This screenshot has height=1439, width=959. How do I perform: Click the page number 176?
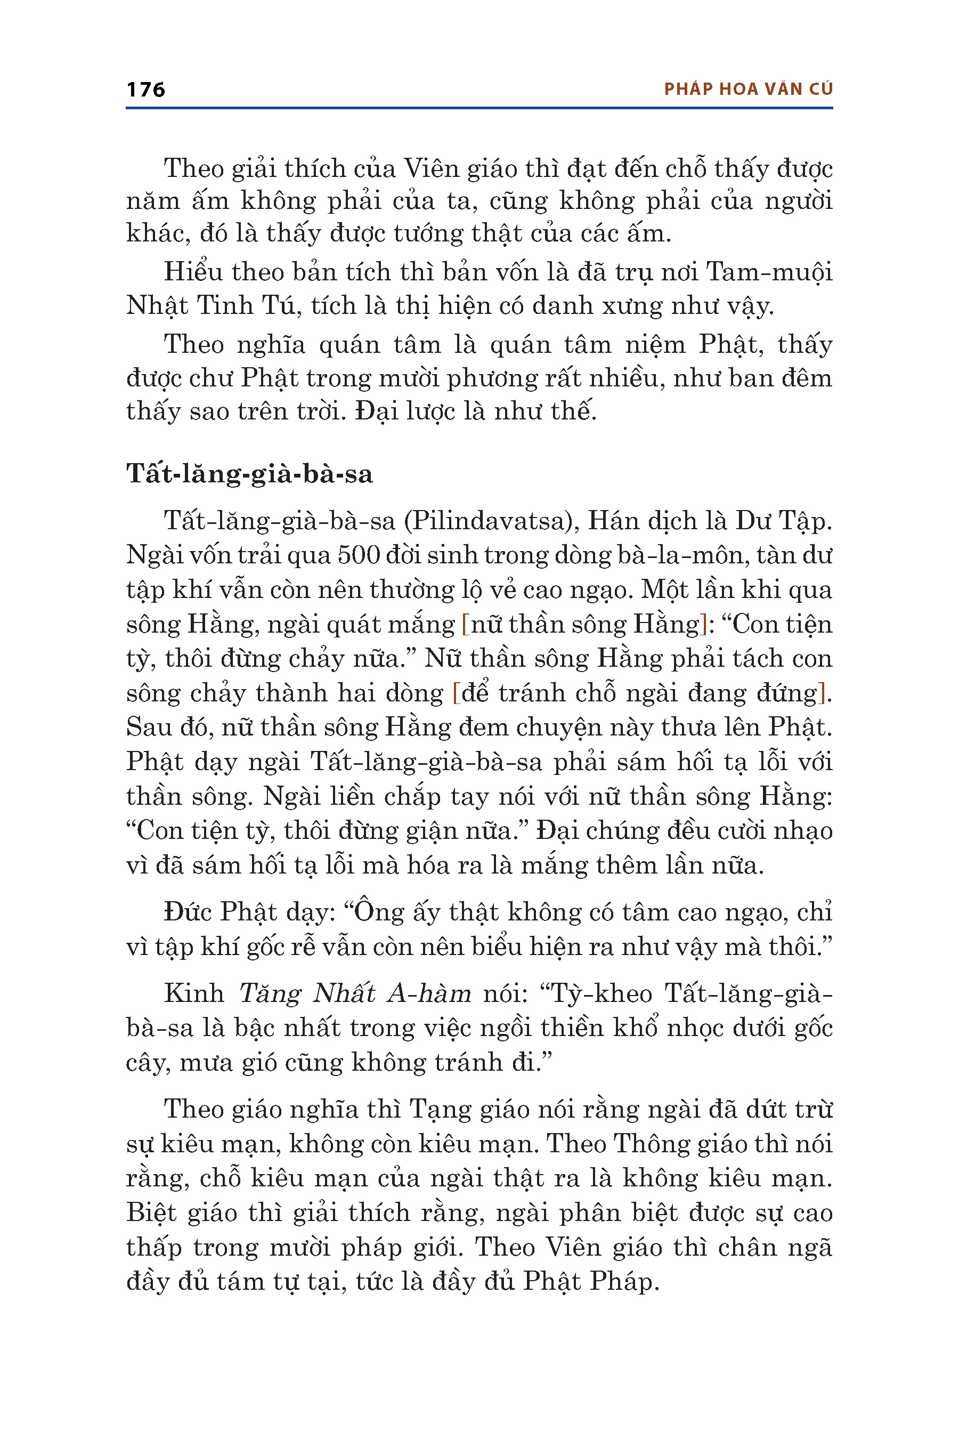click(x=145, y=90)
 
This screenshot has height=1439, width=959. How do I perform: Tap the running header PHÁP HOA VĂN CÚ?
click(x=748, y=90)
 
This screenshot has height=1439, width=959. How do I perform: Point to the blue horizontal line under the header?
click(x=479, y=108)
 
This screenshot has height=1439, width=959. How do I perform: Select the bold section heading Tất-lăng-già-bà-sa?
click(x=249, y=474)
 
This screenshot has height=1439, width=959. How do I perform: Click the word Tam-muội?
click(x=769, y=272)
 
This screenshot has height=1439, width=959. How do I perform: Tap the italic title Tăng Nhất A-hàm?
click(x=355, y=993)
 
